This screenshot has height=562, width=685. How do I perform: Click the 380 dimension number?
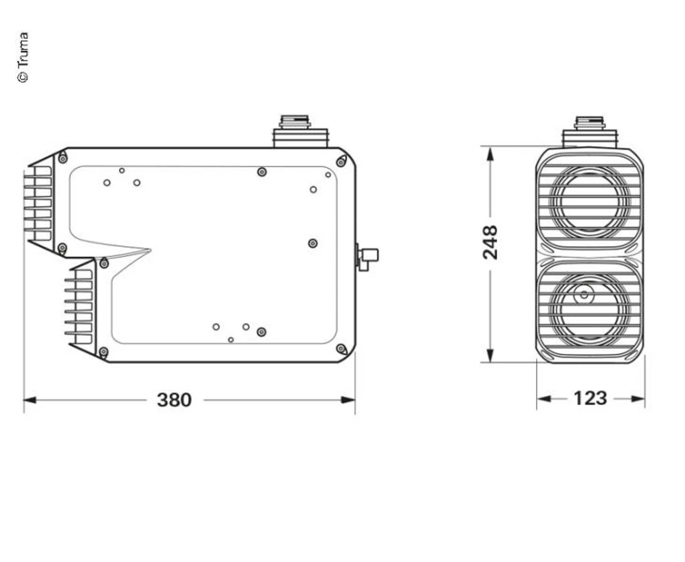174,400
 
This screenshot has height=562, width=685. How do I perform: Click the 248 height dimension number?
490,242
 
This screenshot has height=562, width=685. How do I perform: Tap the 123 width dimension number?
590,398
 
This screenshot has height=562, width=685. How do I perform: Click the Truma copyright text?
22,58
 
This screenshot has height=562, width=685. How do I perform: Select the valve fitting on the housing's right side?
368,258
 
